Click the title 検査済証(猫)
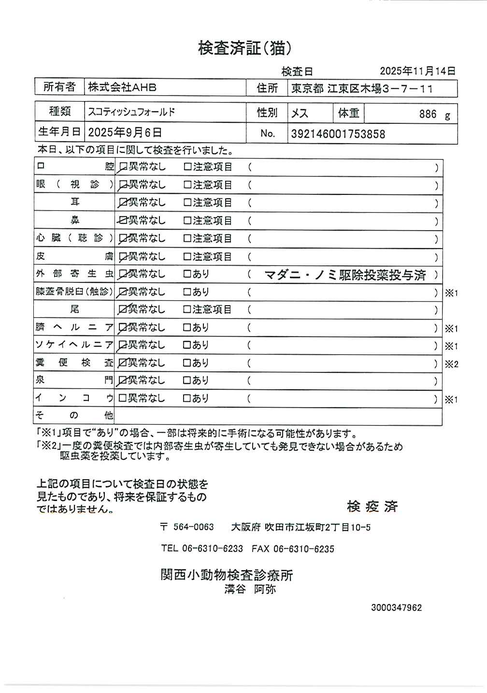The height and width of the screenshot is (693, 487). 245,48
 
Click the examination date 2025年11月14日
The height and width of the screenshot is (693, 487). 417,71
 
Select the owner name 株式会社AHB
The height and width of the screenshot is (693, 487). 122,88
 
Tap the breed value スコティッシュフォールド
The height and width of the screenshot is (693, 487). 131,112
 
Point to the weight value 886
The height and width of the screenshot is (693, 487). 428,114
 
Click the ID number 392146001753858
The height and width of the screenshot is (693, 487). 338,134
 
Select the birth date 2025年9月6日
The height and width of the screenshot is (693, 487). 125,133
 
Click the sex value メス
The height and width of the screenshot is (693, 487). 300,114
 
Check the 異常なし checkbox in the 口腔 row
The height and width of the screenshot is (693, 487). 123,167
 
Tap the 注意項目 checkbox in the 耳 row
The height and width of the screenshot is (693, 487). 187,203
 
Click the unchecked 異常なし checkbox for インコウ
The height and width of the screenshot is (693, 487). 122,398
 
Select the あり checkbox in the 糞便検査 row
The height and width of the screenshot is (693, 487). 187,363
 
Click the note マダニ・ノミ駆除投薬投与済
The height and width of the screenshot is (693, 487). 345,275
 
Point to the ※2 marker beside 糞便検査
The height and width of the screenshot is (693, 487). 451,364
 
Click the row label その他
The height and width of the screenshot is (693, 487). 74,415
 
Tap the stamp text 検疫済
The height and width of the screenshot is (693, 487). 372,506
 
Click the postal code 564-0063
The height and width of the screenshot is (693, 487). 193,527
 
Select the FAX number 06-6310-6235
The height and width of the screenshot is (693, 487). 303,549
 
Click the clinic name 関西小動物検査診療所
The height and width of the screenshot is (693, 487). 227,575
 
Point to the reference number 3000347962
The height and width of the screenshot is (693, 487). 396,607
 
